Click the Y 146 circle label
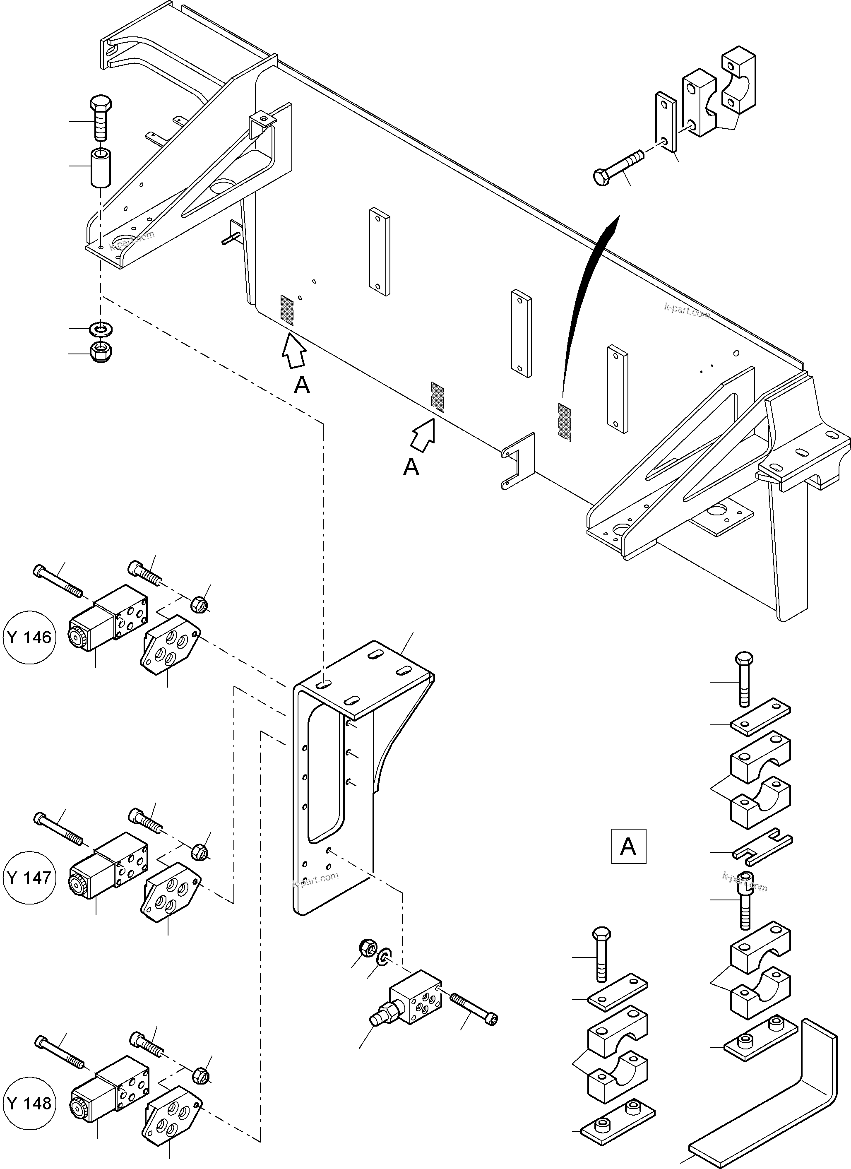[29, 637]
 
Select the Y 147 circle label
[29, 877]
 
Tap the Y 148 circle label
[29, 1103]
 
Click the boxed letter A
[628, 846]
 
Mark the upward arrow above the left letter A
[294, 351]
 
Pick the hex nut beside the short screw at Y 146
[200, 604]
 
